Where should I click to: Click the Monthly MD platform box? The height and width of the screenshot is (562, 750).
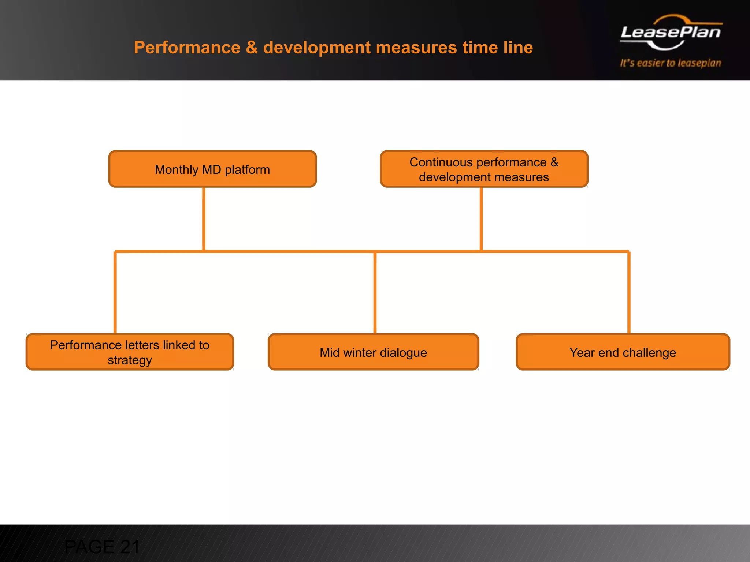[212, 169]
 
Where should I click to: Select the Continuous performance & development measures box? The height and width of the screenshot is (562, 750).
[484, 169]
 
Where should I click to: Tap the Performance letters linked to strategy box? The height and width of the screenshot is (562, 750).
[130, 352]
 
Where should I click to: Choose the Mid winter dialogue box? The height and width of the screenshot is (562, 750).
[373, 352]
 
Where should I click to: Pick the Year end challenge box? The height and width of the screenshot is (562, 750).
[623, 352]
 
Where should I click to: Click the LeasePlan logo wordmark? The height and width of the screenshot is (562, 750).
[671, 32]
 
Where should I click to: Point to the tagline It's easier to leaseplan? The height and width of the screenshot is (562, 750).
[671, 63]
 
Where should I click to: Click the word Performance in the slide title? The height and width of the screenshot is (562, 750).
[187, 48]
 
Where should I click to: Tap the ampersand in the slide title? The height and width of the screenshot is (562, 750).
[252, 48]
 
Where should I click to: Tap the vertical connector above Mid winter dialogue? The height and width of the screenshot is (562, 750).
[375, 293]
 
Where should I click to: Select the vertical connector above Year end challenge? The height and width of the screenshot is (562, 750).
[629, 293]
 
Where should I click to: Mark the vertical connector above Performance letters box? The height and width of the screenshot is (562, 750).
[115, 293]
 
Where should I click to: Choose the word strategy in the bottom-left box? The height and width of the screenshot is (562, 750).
[130, 360]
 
